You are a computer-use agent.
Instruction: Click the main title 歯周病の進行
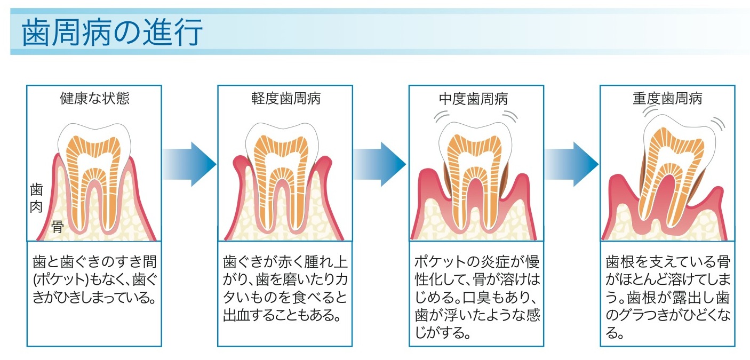click(112, 33)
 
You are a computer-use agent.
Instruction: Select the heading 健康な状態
click(94, 99)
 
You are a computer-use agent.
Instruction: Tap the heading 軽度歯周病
click(286, 99)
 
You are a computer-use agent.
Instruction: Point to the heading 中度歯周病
click(476, 99)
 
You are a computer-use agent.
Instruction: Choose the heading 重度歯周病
click(667, 99)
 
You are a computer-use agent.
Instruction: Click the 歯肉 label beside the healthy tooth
click(36, 197)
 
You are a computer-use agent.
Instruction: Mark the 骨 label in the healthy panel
click(57, 228)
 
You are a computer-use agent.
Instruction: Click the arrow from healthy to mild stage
click(190, 164)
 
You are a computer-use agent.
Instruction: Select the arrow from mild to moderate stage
click(380, 164)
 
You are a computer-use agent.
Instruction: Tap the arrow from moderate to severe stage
click(571, 164)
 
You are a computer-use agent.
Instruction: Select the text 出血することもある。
click(282, 315)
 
